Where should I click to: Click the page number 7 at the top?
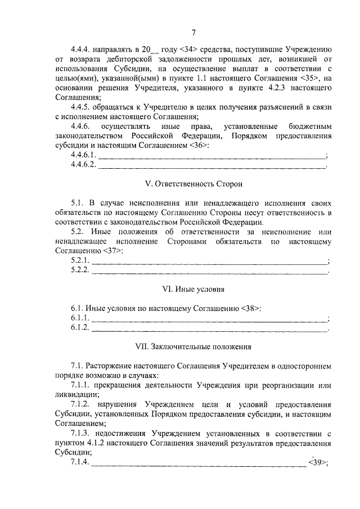193,32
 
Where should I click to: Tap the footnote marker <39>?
317,463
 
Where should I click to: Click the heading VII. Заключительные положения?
193,347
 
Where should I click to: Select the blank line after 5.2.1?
209,262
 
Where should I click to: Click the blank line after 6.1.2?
209,328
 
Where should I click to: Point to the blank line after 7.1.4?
199,465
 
